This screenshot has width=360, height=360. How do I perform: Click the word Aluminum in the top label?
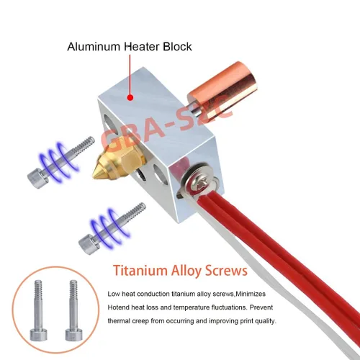(94, 47)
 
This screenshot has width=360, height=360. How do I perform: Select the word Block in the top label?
(177, 47)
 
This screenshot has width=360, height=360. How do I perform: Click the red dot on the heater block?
(130, 98)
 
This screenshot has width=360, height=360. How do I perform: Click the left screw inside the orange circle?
(37, 310)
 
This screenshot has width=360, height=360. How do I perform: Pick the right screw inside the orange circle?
(73, 310)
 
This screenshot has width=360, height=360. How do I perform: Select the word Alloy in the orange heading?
(186, 271)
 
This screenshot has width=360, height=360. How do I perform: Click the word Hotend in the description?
(118, 307)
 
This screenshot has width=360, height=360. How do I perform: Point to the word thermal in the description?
(120, 321)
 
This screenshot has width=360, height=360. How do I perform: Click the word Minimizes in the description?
(251, 294)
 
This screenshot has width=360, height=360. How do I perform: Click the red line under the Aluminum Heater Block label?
(130, 74)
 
